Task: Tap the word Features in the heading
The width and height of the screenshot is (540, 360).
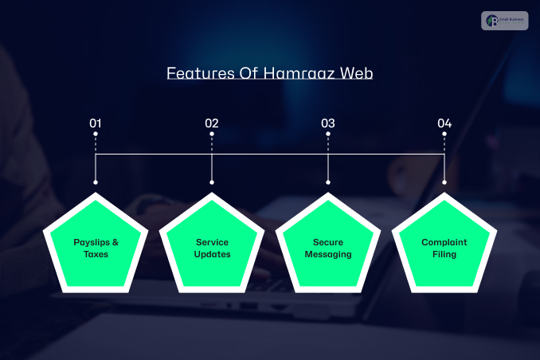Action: pyautogui.click(x=198, y=73)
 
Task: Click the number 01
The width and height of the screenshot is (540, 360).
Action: pyautogui.click(x=96, y=123)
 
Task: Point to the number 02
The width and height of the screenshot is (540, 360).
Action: pyautogui.click(x=212, y=123)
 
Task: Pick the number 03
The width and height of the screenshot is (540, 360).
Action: pyautogui.click(x=328, y=123)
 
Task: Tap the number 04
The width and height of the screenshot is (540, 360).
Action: pyautogui.click(x=444, y=123)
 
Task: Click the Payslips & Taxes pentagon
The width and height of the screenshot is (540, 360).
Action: pyautogui.click(x=96, y=246)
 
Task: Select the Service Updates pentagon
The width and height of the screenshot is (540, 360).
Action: pyautogui.click(x=212, y=246)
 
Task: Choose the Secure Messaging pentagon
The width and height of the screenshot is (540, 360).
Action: pyautogui.click(x=328, y=246)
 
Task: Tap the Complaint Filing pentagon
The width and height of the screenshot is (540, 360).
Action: pyautogui.click(x=444, y=246)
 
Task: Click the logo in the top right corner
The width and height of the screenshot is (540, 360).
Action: pyautogui.click(x=505, y=20)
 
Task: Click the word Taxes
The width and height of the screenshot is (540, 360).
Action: pyautogui.click(x=96, y=254)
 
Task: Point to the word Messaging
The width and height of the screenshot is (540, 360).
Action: pyautogui.click(x=328, y=254)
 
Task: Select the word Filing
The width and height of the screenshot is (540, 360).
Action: pyautogui.click(x=444, y=254)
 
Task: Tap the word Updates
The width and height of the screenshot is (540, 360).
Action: pyautogui.click(x=212, y=254)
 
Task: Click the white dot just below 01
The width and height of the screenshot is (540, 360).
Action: pyautogui.click(x=96, y=135)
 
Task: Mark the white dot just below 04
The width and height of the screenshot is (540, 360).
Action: pyautogui.click(x=444, y=135)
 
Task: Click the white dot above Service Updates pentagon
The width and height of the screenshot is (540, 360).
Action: pyautogui.click(x=212, y=182)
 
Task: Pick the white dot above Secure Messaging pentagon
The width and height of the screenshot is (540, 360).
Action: pyautogui.click(x=328, y=182)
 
